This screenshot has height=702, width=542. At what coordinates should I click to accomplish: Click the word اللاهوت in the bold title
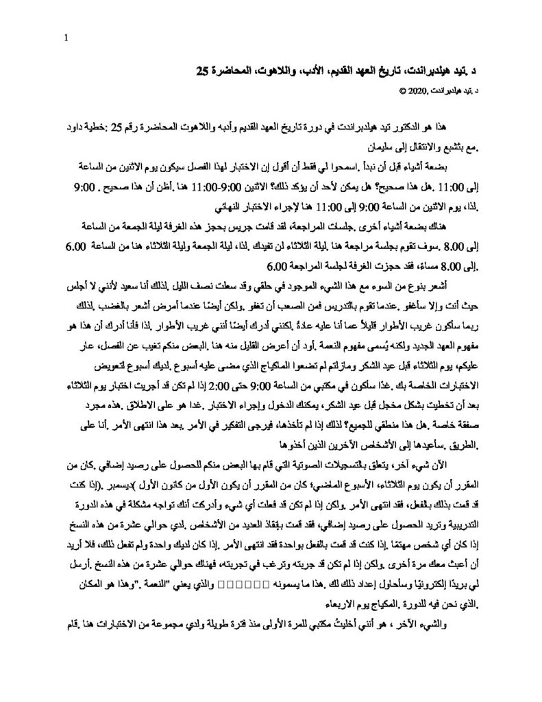tap(282, 70)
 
